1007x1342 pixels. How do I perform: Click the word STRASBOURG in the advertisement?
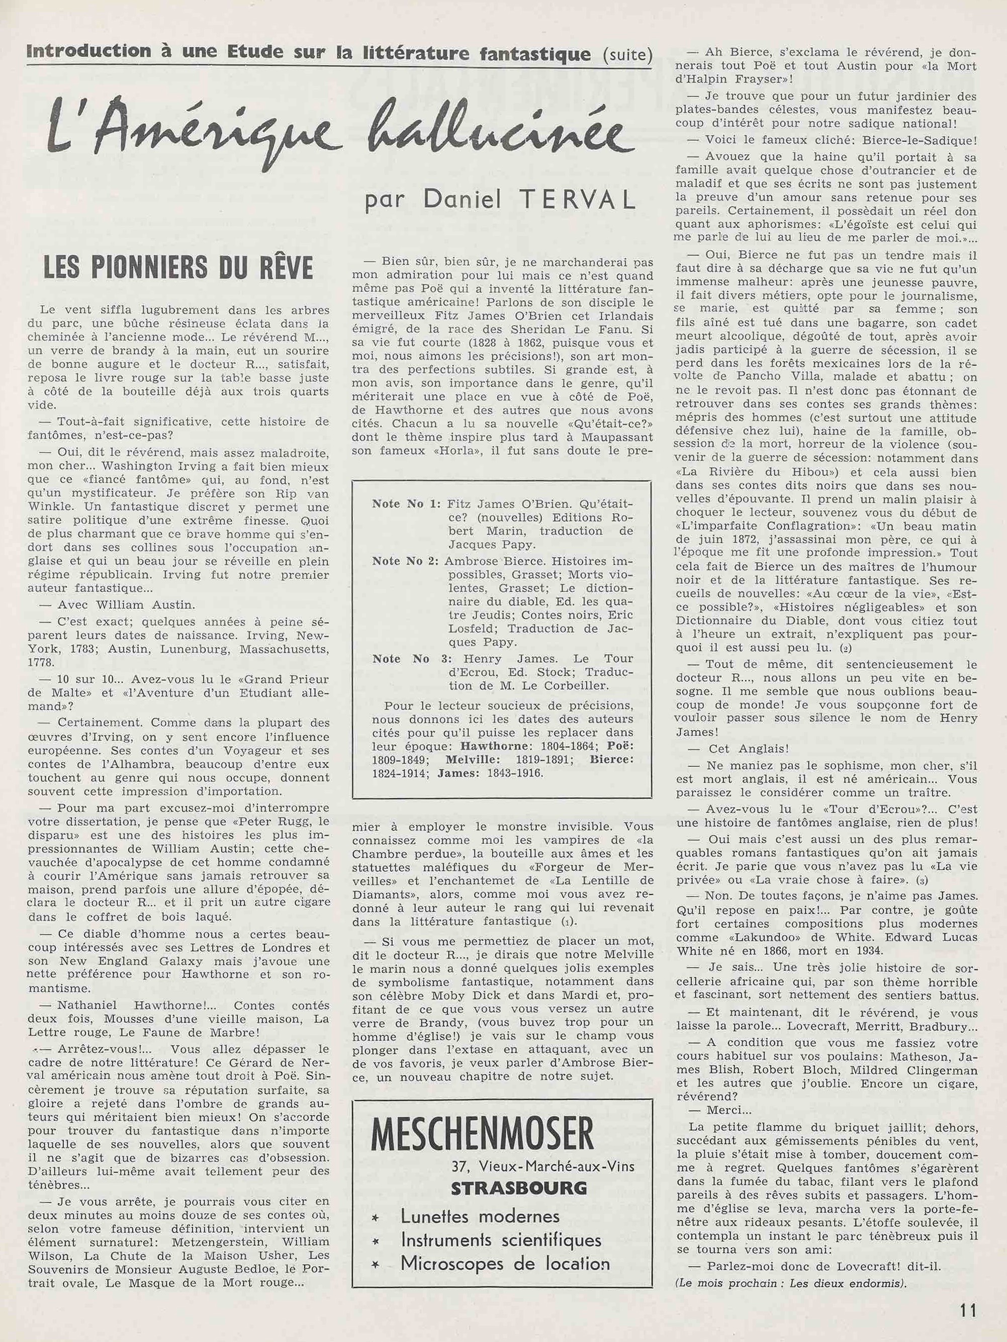(x=519, y=1187)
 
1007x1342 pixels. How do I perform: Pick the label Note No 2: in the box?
(x=406, y=561)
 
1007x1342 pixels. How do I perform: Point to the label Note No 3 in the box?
(x=400, y=658)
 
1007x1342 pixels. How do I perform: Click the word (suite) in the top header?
(x=628, y=56)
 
